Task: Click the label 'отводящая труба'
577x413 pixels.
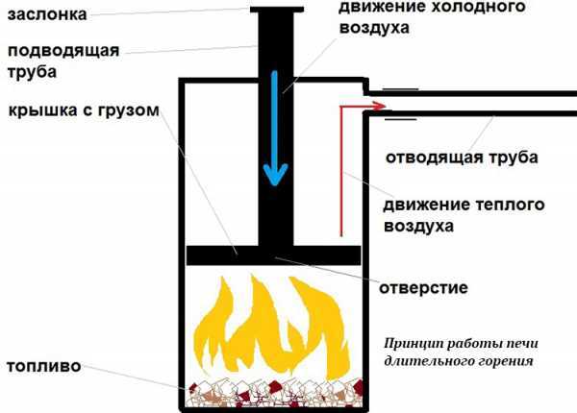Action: tap(462, 156)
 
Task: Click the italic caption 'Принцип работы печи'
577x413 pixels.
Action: tap(452, 342)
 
